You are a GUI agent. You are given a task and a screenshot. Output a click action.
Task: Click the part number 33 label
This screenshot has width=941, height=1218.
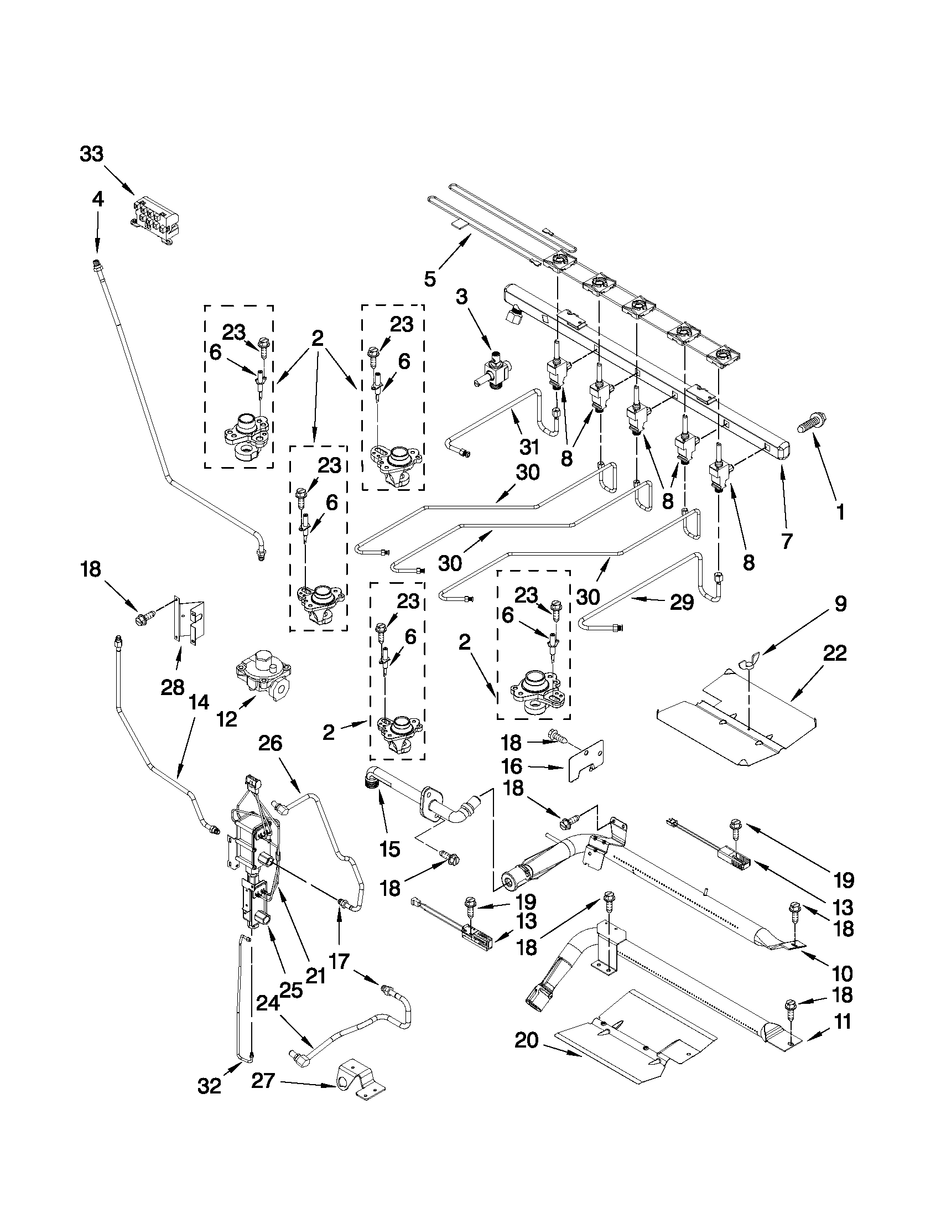[x=91, y=154]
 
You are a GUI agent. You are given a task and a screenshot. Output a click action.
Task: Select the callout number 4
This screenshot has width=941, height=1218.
[x=97, y=199]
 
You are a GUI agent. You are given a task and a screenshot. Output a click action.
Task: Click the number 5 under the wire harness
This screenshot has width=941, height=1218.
[x=430, y=278]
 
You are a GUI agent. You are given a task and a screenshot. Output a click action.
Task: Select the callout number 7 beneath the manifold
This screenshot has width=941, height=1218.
[x=786, y=541]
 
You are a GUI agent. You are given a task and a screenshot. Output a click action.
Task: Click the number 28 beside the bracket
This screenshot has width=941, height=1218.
[x=172, y=687]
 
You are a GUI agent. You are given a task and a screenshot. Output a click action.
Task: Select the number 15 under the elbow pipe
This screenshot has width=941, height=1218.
[x=389, y=850]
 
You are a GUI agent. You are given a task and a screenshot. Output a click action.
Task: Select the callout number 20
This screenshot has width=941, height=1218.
[x=527, y=1041]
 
